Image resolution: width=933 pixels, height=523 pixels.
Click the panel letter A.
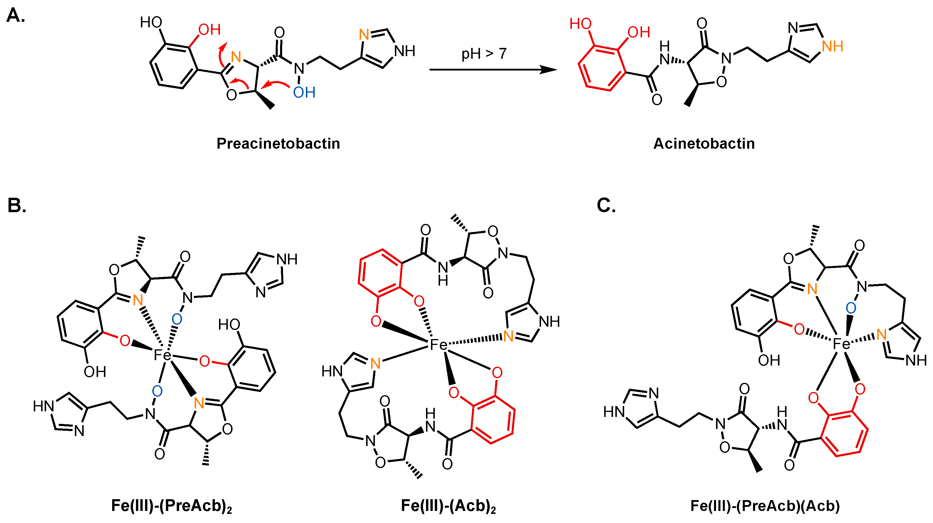tap(16, 16)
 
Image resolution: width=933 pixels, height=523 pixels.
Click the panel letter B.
tap(17, 205)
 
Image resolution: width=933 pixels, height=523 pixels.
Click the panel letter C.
tap(606, 205)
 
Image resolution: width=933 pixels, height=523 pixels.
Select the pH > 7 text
tap(484, 54)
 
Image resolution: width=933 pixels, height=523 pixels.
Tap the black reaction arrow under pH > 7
tap(493, 69)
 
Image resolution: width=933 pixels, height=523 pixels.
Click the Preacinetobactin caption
tap(278, 143)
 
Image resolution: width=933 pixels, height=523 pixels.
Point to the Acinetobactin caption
tap(704, 143)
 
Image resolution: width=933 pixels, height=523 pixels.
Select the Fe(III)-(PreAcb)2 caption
tap(171, 506)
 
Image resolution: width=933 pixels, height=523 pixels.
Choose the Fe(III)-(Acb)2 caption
tap(448, 506)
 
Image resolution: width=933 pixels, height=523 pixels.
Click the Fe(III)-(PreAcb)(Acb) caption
tap(765, 506)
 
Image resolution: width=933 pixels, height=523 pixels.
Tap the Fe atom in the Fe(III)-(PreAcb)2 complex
tap(161, 355)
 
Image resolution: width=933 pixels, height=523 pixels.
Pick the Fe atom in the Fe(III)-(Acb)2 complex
tap(438, 344)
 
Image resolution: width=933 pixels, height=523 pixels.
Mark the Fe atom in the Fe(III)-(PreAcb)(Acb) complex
tap(841, 343)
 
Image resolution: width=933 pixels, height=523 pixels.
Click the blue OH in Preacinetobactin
tap(304, 93)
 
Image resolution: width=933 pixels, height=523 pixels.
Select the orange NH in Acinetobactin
tap(832, 46)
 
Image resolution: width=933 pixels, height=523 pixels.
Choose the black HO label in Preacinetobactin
tap(151, 22)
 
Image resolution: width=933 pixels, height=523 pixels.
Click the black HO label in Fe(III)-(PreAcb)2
tap(229, 325)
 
